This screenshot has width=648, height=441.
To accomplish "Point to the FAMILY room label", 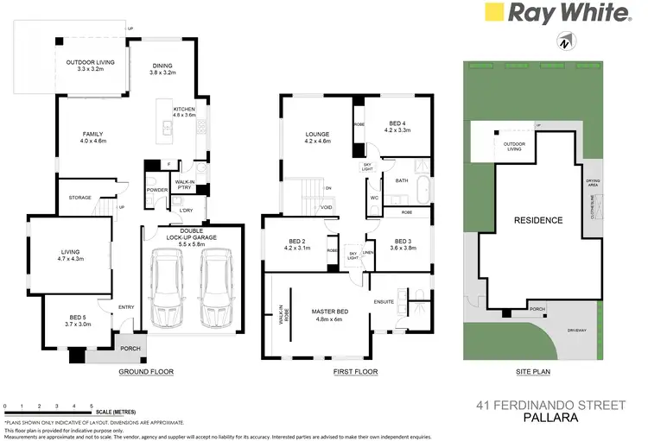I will coord(92,135).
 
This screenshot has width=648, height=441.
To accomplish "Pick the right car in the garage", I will coord(215,288).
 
